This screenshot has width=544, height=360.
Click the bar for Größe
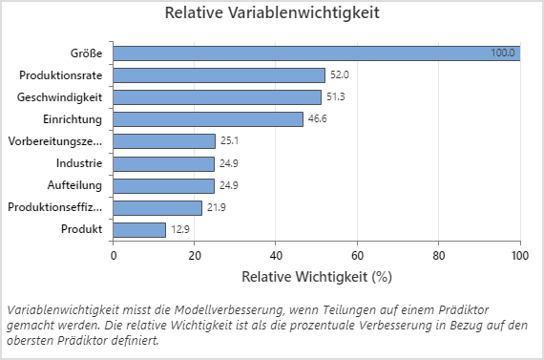(315, 53)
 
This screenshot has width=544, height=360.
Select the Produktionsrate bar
(219, 74)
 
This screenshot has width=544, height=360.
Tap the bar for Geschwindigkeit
(217, 96)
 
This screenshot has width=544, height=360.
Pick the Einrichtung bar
(207, 119)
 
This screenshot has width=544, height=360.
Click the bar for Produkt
(139, 229)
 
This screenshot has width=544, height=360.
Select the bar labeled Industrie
(163, 163)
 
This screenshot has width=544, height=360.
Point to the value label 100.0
(503, 53)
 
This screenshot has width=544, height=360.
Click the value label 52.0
(339, 74)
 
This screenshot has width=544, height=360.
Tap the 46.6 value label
(317, 119)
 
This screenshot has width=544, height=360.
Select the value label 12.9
(180, 229)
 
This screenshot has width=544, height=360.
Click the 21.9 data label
(217, 207)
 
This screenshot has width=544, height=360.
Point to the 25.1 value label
(230, 141)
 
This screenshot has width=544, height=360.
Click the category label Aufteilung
(74, 185)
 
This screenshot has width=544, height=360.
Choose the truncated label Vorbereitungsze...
(54, 141)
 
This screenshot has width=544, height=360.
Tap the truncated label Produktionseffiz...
(54, 207)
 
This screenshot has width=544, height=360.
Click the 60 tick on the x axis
(357, 256)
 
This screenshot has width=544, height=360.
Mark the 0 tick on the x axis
(114, 256)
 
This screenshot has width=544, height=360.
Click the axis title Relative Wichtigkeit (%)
(316, 278)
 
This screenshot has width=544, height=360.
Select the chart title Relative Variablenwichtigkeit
(272, 14)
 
